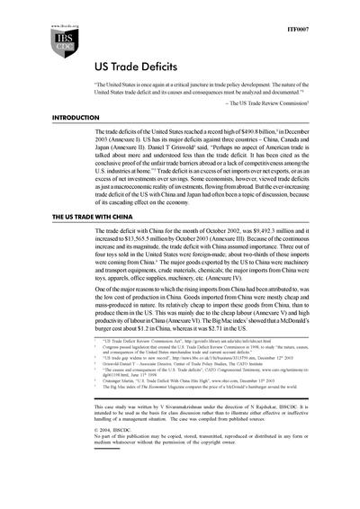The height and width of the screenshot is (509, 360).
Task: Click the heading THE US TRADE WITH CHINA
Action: (x=59, y=219)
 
